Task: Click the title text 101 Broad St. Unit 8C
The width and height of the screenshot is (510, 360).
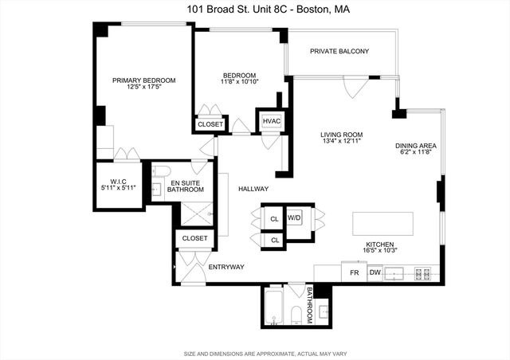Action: pos(256,10)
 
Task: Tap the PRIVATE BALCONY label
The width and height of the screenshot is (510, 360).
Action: pos(340,51)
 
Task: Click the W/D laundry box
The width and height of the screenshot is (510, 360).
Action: pos(295,217)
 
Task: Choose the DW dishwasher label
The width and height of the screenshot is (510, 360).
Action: pos(375,273)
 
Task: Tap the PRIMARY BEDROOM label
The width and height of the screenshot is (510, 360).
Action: pos(143,80)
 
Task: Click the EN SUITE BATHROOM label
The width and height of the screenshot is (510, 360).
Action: pos(186,186)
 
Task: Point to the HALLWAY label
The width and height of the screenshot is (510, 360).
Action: pos(253,189)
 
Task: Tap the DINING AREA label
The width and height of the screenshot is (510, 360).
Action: pos(416,146)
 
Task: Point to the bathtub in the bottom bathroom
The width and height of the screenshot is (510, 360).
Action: pos(274,306)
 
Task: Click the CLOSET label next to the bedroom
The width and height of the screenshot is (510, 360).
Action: pos(210,124)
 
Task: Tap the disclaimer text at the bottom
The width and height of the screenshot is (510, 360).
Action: pos(255,353)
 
